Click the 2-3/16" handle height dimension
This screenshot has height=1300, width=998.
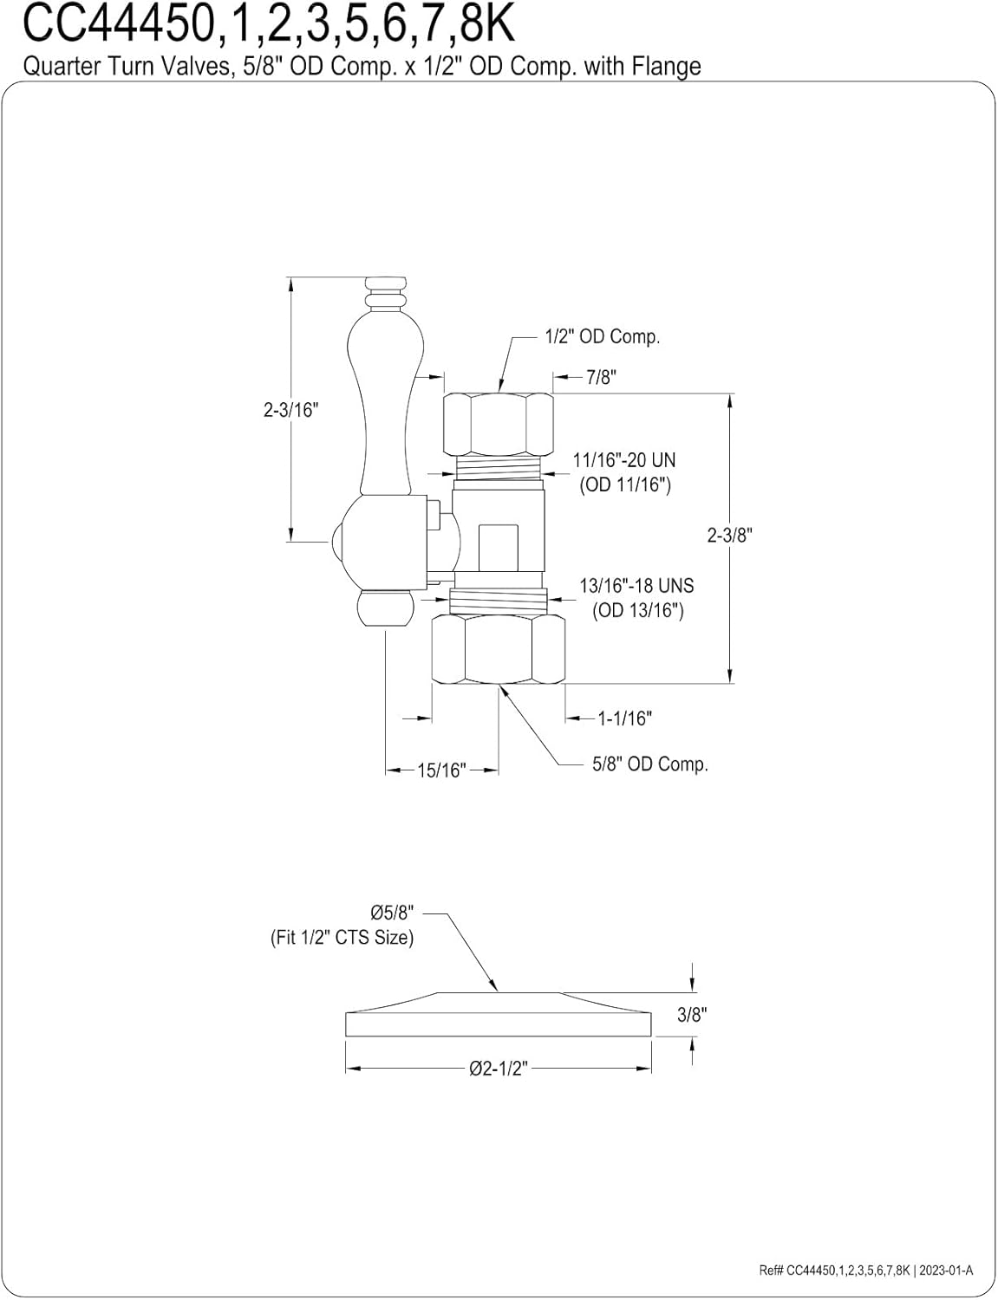click(x=291, y=410)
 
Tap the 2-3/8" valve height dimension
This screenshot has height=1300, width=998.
click(x=729, y=535)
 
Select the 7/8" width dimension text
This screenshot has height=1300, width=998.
click(x=601, y=377)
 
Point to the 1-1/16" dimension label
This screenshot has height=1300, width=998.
click(x=624, y=718)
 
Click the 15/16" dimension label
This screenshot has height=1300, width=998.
click(x=441, y=770)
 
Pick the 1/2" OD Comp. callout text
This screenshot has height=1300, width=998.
click(x=602, y=336)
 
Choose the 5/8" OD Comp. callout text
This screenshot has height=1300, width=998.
click(x=649, y=764)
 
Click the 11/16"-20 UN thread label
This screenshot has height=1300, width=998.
click(x=623, y=460)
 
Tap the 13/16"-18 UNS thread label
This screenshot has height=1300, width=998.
click(x=636, y=586)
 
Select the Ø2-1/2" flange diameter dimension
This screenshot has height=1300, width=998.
click(x=498, y=1069)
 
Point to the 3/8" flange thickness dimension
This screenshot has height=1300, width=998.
click(x=692, y=1015)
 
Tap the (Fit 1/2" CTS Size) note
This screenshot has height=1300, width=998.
click(x=342, y=938)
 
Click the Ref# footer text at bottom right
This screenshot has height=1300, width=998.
click(x=865, y=1271)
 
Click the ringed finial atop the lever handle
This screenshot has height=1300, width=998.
click(x=386, y=293)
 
